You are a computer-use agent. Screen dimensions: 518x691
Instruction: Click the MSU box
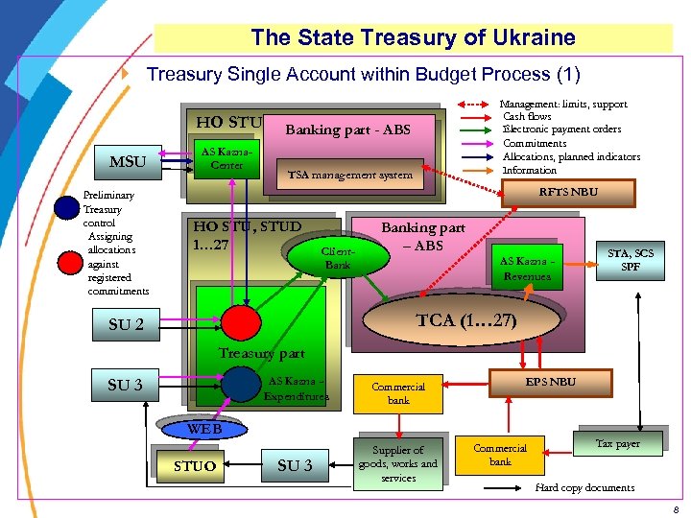128,162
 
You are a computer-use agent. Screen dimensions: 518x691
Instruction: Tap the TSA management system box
350,175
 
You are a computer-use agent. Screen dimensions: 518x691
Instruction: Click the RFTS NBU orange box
568,192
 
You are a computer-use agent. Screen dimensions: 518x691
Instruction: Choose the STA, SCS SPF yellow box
631,260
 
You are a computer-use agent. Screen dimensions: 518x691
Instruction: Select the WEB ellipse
204,429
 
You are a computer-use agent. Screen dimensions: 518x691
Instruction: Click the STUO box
194,466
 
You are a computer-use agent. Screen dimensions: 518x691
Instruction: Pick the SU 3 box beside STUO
295,465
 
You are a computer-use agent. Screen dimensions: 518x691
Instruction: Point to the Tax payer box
617,443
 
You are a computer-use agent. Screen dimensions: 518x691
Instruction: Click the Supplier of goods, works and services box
397,463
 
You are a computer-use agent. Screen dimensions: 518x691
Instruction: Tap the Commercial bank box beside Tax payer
500,455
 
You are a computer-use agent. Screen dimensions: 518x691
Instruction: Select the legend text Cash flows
527,116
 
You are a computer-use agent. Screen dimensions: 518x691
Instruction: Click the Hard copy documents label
584,487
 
